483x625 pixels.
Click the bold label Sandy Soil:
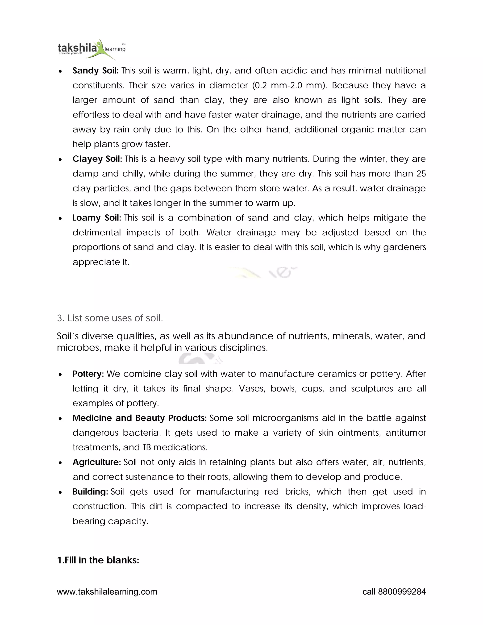(95, 71)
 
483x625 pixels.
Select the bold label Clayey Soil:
(97, 159)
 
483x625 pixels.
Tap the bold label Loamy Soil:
(97, 218)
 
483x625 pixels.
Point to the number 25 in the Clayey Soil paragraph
(421, 174)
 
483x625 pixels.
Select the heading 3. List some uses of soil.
(110, 318)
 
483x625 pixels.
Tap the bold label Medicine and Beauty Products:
(139, 418)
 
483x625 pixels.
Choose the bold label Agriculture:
(96, 462)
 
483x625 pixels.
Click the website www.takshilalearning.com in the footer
(107, 592)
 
